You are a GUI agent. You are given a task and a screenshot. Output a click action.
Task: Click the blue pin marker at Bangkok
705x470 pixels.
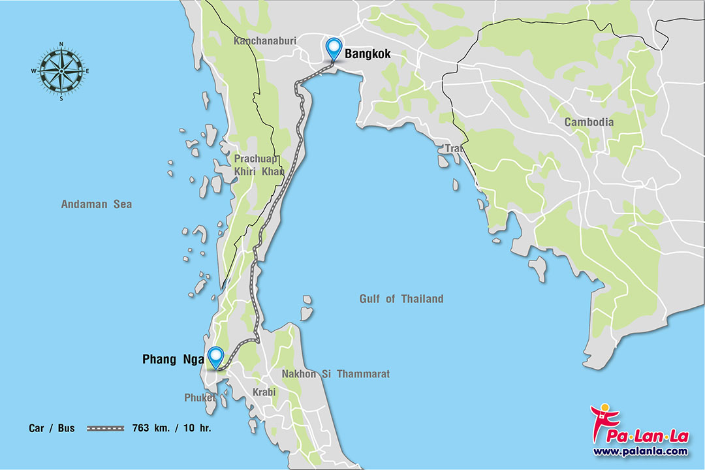click(x=334, y=48)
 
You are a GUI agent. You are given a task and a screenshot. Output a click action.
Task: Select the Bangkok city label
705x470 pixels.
click(x=368, y=54)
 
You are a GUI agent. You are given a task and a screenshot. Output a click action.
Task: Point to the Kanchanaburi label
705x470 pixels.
click(x=264, y=41)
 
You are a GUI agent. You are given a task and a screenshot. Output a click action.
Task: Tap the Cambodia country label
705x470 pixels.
click(x=589, y=122)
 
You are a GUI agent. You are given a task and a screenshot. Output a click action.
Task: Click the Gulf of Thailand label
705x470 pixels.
click(x=401, y=299)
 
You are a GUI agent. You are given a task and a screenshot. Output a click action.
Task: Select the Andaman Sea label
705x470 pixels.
click(x=96, y=204)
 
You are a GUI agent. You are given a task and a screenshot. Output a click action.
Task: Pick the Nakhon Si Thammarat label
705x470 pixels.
click(x=335, y=374)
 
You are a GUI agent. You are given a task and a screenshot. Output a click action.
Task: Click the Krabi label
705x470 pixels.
click(x=264, y=392)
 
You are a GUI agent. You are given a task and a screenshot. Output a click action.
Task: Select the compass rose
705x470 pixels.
click(x=61, y=71)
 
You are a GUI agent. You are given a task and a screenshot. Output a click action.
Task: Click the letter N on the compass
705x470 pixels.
click(x=61, y=44)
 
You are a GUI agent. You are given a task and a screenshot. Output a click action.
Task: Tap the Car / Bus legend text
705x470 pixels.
click(x=52, y=429)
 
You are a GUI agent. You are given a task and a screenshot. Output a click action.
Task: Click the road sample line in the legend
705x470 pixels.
click(x=105, y=429)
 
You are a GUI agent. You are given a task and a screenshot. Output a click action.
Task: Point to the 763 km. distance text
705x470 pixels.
click(x=148, y=429)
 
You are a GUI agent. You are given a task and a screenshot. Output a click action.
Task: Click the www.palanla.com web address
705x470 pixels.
click(x=640, y=451)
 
